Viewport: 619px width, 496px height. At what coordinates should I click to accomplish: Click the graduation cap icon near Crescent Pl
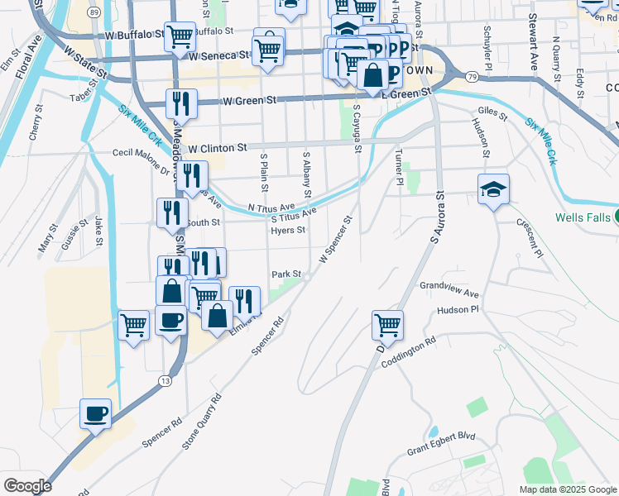click(493, 189)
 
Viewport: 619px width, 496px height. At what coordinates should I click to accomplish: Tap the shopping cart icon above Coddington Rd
click(386, 325)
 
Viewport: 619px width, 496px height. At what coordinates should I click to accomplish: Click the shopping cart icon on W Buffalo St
click(179, 36)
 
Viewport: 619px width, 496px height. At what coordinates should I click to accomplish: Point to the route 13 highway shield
click(165, 379)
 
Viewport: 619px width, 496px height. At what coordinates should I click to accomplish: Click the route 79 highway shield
click(472, 76)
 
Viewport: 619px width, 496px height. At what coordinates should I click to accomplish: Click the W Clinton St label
click(218, 148)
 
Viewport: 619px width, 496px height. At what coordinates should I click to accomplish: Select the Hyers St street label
click(289, 231)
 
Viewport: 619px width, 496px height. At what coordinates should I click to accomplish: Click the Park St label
click(286, 274)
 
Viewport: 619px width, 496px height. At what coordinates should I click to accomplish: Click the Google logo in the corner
click(26, 486)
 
